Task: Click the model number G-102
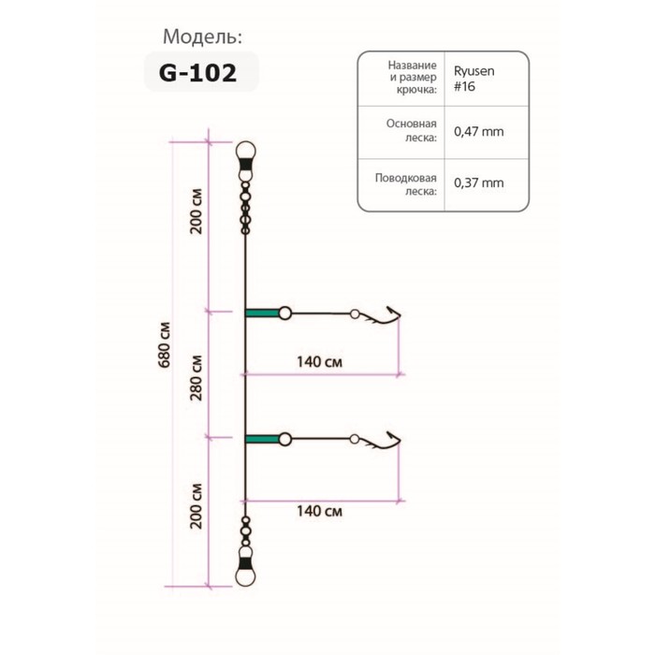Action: pos(198,73)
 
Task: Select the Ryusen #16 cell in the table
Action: pos(474,79)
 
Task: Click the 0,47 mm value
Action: pos(479,132)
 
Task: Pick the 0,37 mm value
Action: pos(479,183)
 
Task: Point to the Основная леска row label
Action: pos(412,130)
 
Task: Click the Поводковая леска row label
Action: pos(405,184)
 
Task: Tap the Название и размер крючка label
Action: pos(413,78)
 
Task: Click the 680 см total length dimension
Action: pos(164,345)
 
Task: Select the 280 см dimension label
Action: pos(196,378)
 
